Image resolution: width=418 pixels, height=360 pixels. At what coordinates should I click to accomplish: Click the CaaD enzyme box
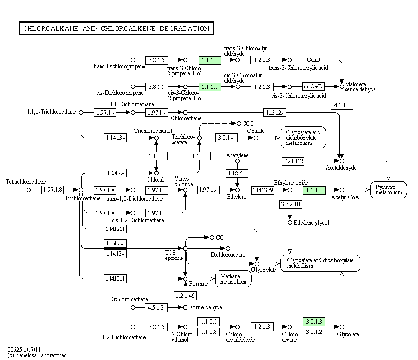tap(314, 60)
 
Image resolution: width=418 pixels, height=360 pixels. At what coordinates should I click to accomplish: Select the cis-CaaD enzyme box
tap(314, 86)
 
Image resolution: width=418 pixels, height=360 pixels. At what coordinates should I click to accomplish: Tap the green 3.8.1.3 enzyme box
tap(314, 322)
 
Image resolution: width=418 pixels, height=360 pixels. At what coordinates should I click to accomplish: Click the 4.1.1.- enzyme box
tap(342, 105)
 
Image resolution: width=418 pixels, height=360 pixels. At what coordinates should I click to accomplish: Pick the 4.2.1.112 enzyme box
tap(293, 161)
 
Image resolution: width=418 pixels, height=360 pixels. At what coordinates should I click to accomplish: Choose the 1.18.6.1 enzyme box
tap(237, 173)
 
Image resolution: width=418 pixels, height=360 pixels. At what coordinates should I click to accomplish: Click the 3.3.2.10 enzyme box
tap(290, 204)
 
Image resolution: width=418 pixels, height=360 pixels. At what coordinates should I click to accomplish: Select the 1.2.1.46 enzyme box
tap(185, 295)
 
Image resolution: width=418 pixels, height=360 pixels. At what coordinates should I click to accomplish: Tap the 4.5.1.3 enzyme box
tap(156, 307)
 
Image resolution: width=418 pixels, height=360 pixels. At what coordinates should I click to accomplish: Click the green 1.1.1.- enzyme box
tap(314, 190)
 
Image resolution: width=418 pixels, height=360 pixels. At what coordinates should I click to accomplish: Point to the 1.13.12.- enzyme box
tap(274, 112)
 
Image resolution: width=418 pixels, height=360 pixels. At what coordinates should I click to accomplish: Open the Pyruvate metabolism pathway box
tap(389, 189)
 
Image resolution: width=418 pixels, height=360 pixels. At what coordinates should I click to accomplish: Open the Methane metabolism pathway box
tap(233, 279)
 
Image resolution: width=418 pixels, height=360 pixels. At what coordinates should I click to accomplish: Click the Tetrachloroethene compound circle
tap(29, 190)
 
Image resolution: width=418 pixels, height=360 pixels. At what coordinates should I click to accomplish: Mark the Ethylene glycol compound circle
tap(290, 223)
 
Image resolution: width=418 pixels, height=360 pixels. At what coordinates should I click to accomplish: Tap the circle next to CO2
tap(239, 124)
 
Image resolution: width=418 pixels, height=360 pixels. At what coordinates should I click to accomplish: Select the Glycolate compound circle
tap(342, 327)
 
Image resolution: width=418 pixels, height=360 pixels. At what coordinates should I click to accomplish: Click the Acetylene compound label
tap(237, 155)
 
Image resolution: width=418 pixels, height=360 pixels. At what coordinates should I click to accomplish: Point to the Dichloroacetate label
tap(228, 255)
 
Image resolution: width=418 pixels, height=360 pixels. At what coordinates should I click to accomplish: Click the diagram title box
tap(116, 28)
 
